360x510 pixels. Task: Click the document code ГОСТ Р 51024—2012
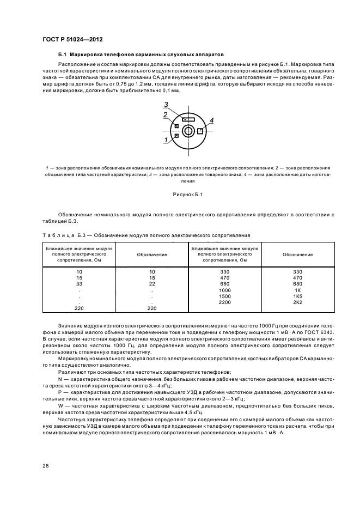[x=72, y=40]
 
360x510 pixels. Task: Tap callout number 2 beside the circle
[x=164, y=114]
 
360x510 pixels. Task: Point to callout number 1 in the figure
[x=165, y=140]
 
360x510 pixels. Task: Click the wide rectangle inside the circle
[x=188, y=119]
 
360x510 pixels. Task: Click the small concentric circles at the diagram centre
[x=188, y=131]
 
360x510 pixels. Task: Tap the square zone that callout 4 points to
[x=200, y=131]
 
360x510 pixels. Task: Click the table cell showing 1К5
[x=297, y=296]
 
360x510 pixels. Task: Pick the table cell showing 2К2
[x=297, y=302]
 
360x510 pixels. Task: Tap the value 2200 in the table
[x=225, y=302]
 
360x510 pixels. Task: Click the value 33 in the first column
[x=79, y=284]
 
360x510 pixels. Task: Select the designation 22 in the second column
[x=152, y=284]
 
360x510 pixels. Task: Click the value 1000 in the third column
[x=225, y=290]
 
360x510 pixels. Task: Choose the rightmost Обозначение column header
[x=297, y=254]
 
